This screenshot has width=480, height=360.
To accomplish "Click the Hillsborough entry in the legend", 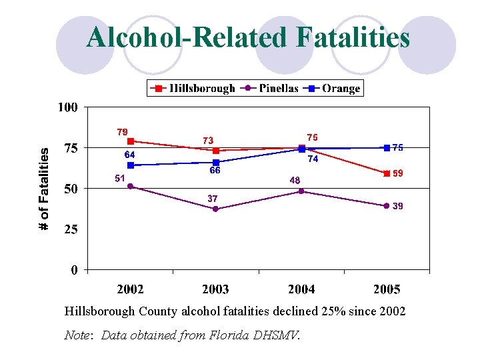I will pyautogui.click(x=194, y=88).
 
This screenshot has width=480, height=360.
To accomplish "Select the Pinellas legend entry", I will pyautogui.click(x=269, y=88).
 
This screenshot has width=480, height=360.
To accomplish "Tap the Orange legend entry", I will pyautogui.click(x=333, y=88).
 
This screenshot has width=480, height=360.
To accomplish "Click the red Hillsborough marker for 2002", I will pyautogui.click(x=131, y=141).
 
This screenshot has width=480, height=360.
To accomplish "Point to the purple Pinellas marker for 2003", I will pyautogui.click(x=215, y=209).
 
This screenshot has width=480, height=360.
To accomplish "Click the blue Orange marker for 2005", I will pyautogui.click(x=387, y=147).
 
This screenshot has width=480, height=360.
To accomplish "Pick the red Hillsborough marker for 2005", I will pyautogui.click(x=387, y=173).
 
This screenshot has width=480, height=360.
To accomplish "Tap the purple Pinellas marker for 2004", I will pyautogui.click(x=301, y=191).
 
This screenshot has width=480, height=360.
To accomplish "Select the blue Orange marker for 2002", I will pyautogui.click(x=131, y=165).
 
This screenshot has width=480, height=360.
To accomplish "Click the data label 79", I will pyautogui.click(x=122, y=132).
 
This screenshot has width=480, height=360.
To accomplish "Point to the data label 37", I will pyautogui.click(x=212, y=198).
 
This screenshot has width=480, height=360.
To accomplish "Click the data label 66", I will pyautogui.click(x=215, y=171).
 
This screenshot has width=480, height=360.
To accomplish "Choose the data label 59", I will pyautogui.click(x=398, y=173).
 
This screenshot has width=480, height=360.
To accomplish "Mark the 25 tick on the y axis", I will pyautogui.click(x=70, y=229).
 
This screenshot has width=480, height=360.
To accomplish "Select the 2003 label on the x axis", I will pyautogui.click(x=215, y=289).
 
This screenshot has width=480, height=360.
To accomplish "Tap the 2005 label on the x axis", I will pyautogui.click(x=387, y=289).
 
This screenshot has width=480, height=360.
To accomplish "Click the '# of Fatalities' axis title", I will pyautogui.click(x=44, y=189).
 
